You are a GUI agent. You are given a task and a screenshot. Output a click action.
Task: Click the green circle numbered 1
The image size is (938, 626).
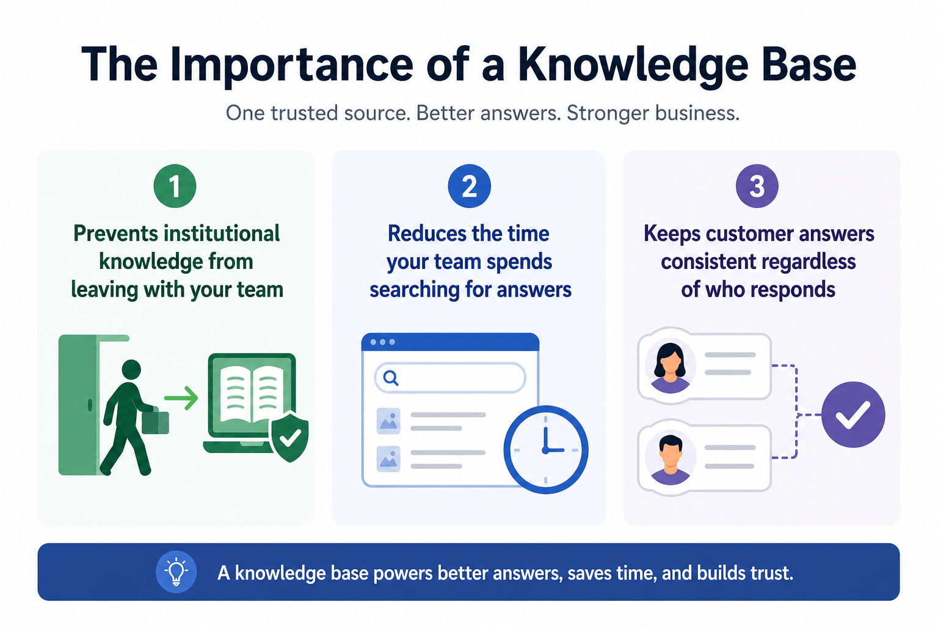[175, 186]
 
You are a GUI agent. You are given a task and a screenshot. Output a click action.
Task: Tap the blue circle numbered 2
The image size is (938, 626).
[469, 186]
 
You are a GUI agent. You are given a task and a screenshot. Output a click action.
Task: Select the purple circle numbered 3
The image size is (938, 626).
[757, 186]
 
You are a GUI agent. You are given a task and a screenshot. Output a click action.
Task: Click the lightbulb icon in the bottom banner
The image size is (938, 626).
[176, 572]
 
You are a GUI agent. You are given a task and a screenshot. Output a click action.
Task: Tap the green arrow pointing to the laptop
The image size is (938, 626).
[181, 399]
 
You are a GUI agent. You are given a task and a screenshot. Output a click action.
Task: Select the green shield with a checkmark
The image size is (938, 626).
[289, 436]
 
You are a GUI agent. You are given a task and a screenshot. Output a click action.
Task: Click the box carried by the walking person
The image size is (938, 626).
[155, 422]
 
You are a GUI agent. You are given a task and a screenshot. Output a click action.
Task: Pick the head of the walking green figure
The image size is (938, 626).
[131, 369]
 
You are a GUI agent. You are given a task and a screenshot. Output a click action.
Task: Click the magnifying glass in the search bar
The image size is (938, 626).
[391, 378]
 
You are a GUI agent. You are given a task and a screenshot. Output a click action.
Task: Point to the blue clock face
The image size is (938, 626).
[545, 449]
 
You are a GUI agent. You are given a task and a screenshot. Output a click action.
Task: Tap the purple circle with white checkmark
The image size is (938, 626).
[853, 414]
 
